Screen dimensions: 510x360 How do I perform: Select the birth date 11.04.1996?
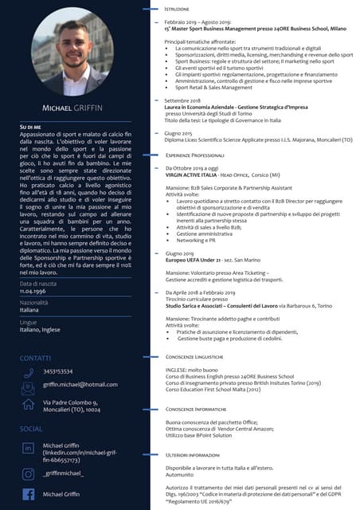[x=36, y=292]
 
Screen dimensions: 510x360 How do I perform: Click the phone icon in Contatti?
[x=29, y=372]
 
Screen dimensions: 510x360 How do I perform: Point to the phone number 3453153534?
[x=58, y=372]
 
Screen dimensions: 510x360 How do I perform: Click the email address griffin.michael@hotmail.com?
[x=80, y=386]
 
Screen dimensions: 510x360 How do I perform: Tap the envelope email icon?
[x=29, y=388]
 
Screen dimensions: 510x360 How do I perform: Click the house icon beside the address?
[x=29, y=406]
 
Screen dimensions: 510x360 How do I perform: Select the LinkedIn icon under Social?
[x=29, y=449]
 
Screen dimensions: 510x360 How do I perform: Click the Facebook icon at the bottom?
[x=29, y=494]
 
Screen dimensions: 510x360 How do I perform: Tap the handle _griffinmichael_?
[x=64, y=473]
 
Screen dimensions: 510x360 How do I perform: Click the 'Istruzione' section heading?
[x=178, y=9]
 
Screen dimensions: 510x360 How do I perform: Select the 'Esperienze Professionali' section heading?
[x=194, y=155]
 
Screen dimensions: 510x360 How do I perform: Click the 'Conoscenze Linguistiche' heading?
[x=195, y=358]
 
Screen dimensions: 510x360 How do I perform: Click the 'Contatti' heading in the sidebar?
[x=35, y=358]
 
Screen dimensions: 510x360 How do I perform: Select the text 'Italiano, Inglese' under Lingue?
[x=40, y=329]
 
